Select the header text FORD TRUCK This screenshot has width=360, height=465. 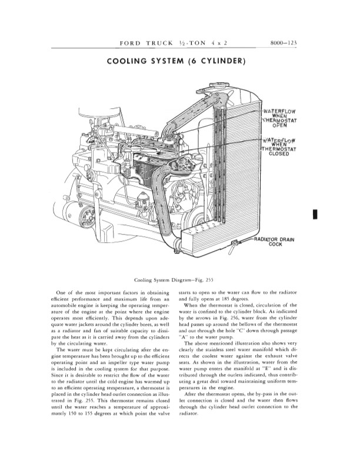[145, 44]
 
